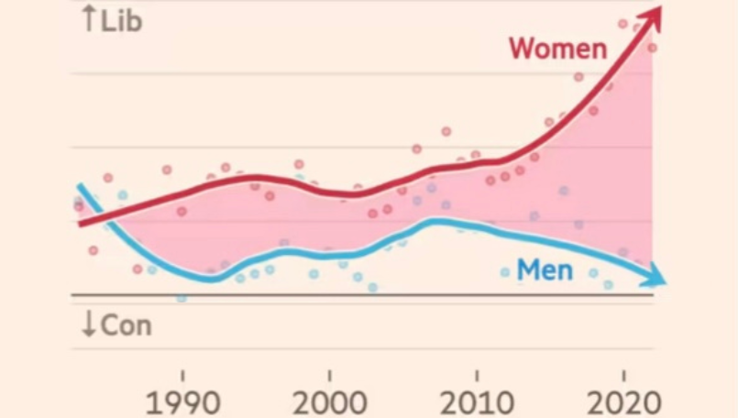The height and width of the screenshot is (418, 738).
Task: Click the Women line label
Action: coord(557,49)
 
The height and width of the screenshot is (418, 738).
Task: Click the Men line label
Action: coord(545,270)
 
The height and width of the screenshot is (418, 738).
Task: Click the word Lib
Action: coord(122,21)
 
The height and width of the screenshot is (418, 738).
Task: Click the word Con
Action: coord(126,325)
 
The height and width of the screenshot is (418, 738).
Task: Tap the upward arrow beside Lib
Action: coord(89,19)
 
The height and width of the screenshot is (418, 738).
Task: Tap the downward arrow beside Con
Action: coord(89,325)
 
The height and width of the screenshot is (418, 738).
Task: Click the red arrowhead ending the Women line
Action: coord(652,16)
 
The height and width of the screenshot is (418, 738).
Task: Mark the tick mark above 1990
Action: coord(183,375)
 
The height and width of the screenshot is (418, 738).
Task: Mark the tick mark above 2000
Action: coord(330,375)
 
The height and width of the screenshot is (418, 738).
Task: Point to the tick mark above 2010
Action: coord(477,375)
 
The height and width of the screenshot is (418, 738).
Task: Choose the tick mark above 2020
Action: coord(623,375)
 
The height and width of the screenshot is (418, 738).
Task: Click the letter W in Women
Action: coord(523,49)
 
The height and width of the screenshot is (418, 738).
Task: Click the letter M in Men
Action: coord(527,270)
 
